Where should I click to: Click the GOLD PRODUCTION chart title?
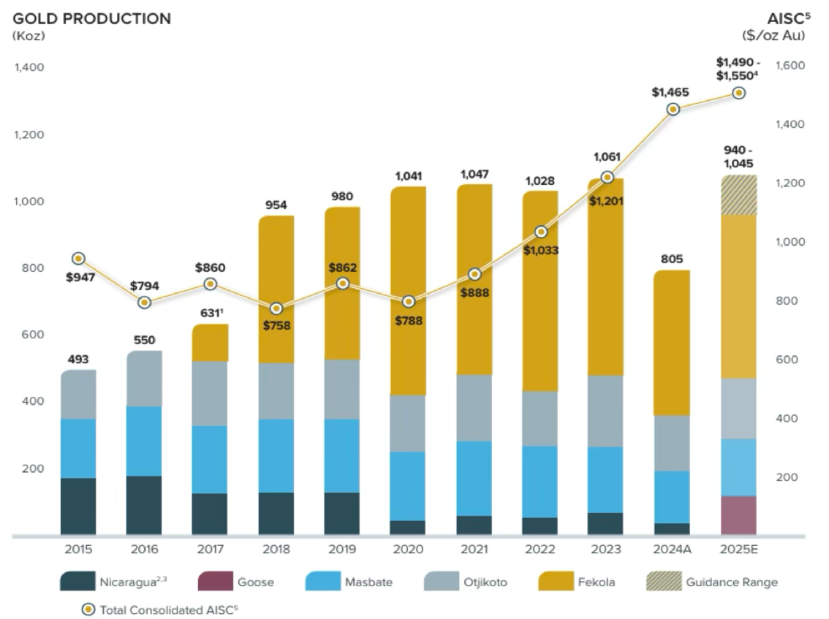coord(92,19)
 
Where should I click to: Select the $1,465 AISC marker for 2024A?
coord(673,109)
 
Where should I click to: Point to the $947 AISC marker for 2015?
coord(79,259)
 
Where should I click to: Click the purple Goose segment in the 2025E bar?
coord(738,515)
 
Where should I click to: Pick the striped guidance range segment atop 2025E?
coord(738,195)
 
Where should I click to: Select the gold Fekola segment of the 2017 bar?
coord(211,343)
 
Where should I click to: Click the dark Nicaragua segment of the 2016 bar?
coord(144,505)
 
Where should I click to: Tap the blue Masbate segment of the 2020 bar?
coord(407,486)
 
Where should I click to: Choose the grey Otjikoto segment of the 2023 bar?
coord(605,411)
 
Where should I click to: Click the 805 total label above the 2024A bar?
coord(673,257)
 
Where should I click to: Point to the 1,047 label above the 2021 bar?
coord(474,174)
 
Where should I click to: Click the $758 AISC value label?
coord(276,326)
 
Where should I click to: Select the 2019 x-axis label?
coord(341,549)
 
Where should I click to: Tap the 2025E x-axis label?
coord(738,549)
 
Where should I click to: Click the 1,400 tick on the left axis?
coord(29,67)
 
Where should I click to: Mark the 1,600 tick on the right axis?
coord(790,66)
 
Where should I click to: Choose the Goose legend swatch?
coord(214,582)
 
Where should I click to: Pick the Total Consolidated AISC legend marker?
coord(89,609)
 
